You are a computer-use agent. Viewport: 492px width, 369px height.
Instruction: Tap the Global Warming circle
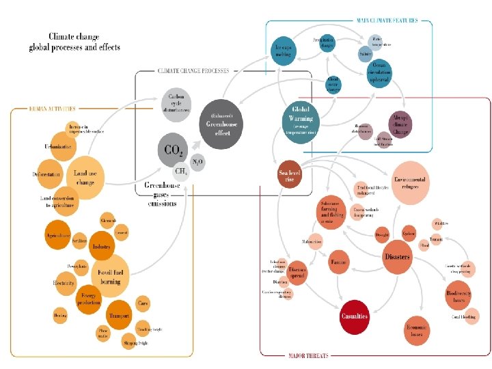click(301, 116)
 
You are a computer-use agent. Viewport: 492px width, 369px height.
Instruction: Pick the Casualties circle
click(355, 316)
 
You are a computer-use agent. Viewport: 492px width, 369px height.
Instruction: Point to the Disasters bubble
click(397, 257)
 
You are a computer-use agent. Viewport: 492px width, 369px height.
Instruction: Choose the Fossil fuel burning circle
click(111, 276)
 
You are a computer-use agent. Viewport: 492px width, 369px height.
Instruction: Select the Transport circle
click(119, 316)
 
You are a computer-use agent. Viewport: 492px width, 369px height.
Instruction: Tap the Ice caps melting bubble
click(284, 49)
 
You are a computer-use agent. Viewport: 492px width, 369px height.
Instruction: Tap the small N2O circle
click(197, 162)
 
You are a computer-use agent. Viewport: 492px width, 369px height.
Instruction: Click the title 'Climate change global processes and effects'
click(74, 42)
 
